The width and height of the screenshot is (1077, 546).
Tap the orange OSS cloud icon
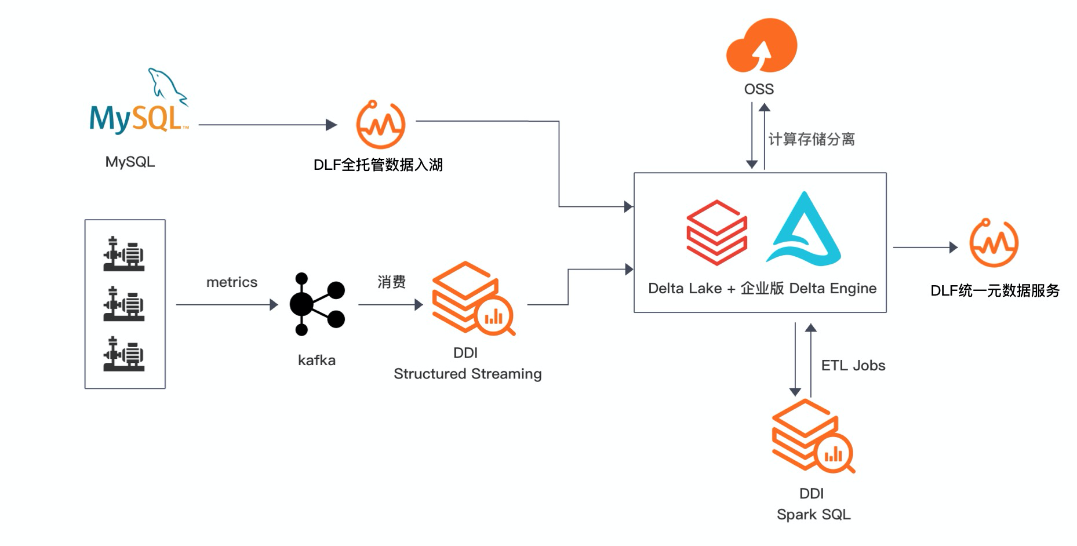click(761, 46)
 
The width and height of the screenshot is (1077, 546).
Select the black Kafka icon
click(316, 304)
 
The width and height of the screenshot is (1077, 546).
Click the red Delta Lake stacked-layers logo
click(716, 232)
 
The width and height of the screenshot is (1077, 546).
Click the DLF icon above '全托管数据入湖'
click(380, 125)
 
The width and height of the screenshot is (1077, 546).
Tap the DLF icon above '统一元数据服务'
click(994, 243)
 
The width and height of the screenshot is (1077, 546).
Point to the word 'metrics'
click(232, 282)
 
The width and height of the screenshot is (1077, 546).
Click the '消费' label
click(391, 282)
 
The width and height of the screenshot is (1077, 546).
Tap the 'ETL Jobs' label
click(853, 366)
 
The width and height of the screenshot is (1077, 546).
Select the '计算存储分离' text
click(812, 140)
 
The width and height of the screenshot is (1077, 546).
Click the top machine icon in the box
click(124, 254)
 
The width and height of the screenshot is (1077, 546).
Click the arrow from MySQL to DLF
click(267, 125)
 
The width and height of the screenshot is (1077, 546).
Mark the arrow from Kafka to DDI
click(390, 304)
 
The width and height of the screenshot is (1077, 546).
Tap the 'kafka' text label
click(316, 361)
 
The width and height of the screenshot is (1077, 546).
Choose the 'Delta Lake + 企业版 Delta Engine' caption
click(762, 289)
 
